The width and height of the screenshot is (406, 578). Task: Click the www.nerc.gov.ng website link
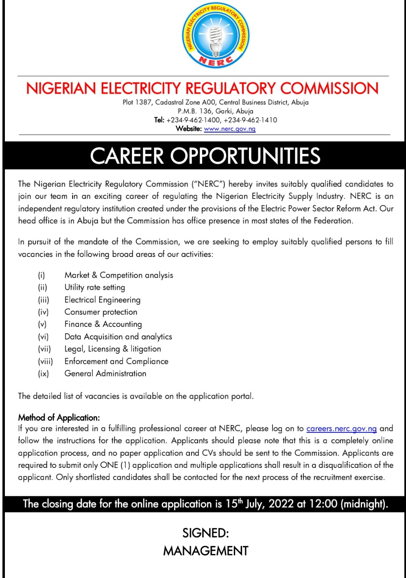tap(229, 129)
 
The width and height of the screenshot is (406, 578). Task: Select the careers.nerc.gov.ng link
tap(341, 428)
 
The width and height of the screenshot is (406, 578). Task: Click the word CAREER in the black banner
tap(127, 156)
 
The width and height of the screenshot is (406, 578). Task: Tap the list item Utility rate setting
tap(95, 287)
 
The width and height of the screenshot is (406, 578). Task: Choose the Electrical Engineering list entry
tap(103, 300)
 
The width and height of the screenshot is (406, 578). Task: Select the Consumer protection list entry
tap(101, 312)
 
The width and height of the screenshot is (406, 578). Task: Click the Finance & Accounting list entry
tap(103, 324)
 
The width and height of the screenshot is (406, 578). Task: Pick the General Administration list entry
tap(105, 374)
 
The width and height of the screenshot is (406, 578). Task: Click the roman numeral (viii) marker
tap(45, 361)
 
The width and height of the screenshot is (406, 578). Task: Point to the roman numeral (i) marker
tap(41, 275)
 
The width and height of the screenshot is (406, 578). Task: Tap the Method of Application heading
tap(59, 417)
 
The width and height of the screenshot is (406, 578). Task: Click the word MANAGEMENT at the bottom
tap(205, 551)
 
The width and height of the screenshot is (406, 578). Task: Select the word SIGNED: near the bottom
tap(205, 533)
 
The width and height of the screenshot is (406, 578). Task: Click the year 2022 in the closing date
tap(281, 504)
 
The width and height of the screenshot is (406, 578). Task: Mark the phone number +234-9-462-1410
tap(250, 120)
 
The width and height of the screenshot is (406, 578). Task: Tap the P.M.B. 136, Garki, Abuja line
tap(215, 111)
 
